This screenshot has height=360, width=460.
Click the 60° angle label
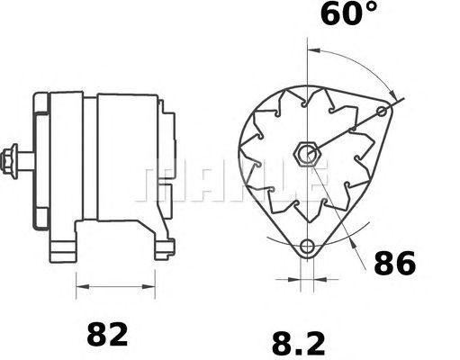click(348, 13)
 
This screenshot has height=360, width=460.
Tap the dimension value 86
click(395, 263)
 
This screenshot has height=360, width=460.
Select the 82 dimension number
click(107, 334)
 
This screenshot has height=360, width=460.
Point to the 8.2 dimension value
click(299, 344)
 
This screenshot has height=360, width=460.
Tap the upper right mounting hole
click(382, 112)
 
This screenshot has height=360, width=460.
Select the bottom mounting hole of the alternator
click(307, 247)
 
